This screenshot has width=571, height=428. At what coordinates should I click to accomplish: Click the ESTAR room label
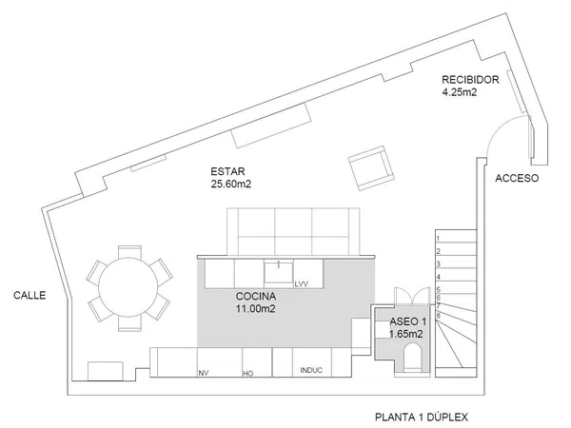click(x=226, y=172)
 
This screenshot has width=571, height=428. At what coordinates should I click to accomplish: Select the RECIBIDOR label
click(x=471, y=79)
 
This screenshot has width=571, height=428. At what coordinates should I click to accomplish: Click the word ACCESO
click(x=518, y=178)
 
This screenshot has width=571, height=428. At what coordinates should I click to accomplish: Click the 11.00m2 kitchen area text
click(x=256, y=308)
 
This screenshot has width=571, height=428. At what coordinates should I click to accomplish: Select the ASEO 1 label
click(x=406, y=323)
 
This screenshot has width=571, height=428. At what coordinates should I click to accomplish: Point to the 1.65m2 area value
click(x=406, y=335)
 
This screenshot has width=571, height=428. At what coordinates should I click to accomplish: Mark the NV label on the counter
click(x=203, y=373)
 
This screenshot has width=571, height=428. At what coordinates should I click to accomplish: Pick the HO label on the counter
click(x=248, y=374)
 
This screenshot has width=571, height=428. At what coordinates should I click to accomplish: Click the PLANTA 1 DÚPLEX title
click(x=422, y=417)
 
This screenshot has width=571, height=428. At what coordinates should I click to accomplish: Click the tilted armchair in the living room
click(x=371, y=167)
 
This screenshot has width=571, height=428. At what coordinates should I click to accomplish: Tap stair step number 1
click(x=438, y=236)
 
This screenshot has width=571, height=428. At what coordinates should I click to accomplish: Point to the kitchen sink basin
click(x=277, y=272)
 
